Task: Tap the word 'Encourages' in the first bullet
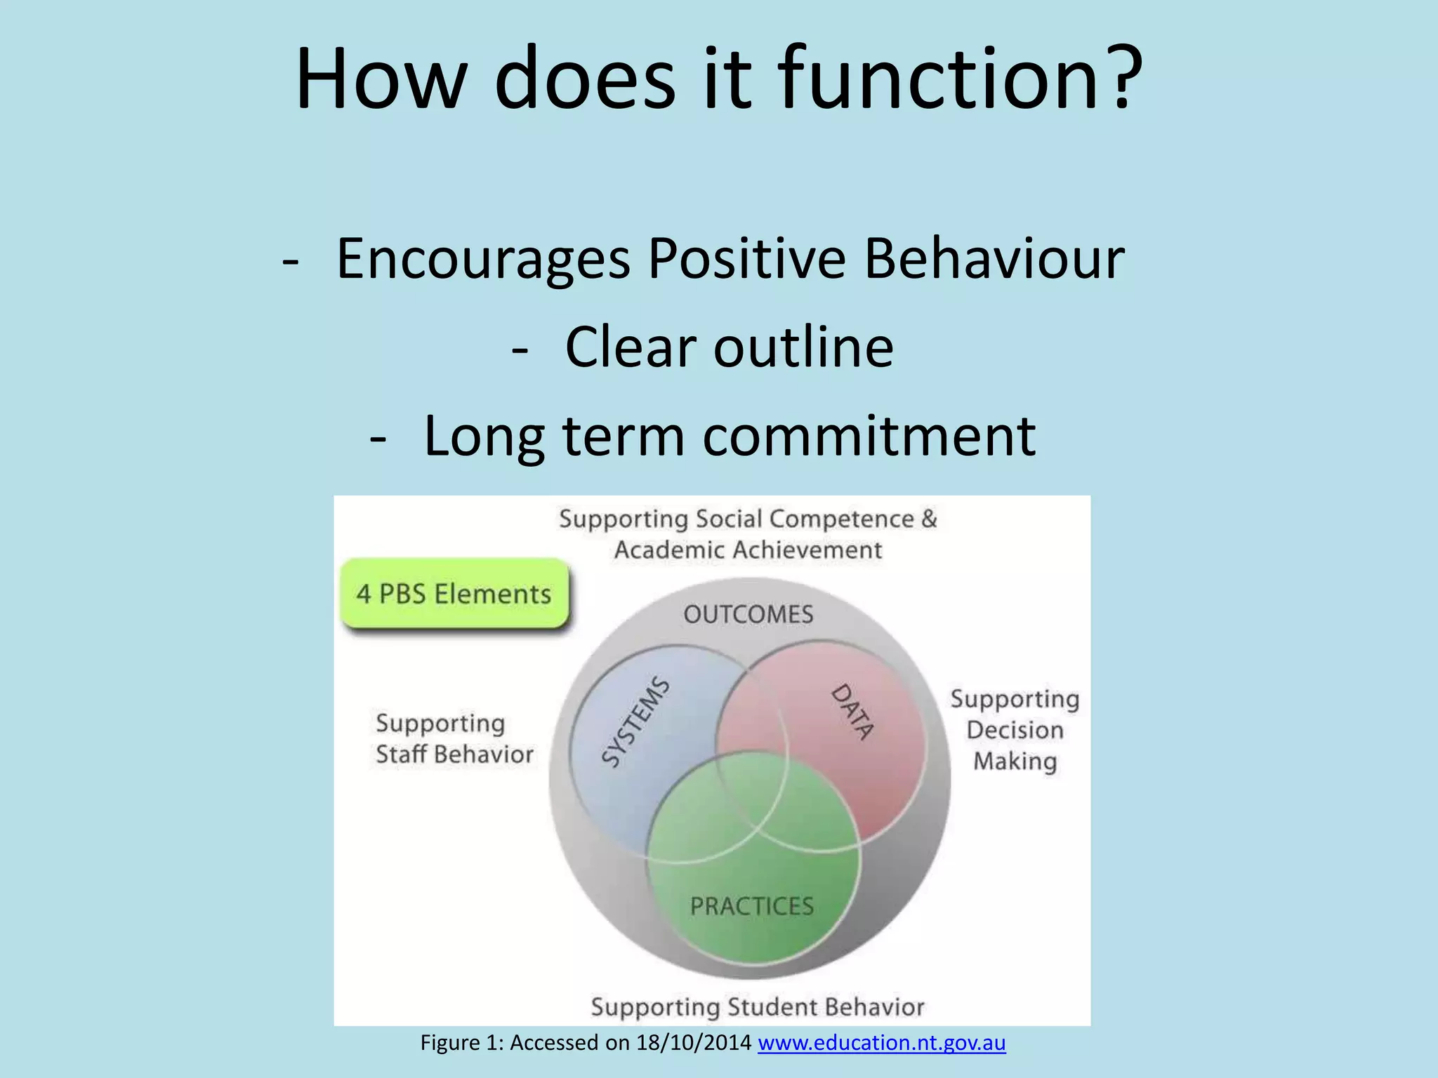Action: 483,260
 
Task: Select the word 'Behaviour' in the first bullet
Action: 994,260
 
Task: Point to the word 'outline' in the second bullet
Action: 803,348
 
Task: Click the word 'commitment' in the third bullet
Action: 869,437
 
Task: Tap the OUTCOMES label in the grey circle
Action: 748,615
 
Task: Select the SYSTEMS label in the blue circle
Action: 636,722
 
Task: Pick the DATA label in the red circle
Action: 853,712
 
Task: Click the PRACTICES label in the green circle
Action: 752,906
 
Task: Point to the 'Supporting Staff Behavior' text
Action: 454,739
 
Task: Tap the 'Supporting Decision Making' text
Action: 1015,731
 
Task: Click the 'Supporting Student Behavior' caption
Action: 758,1007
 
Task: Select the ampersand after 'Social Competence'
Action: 929,519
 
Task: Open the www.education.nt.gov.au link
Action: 881,1043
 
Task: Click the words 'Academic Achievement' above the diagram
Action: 748,550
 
